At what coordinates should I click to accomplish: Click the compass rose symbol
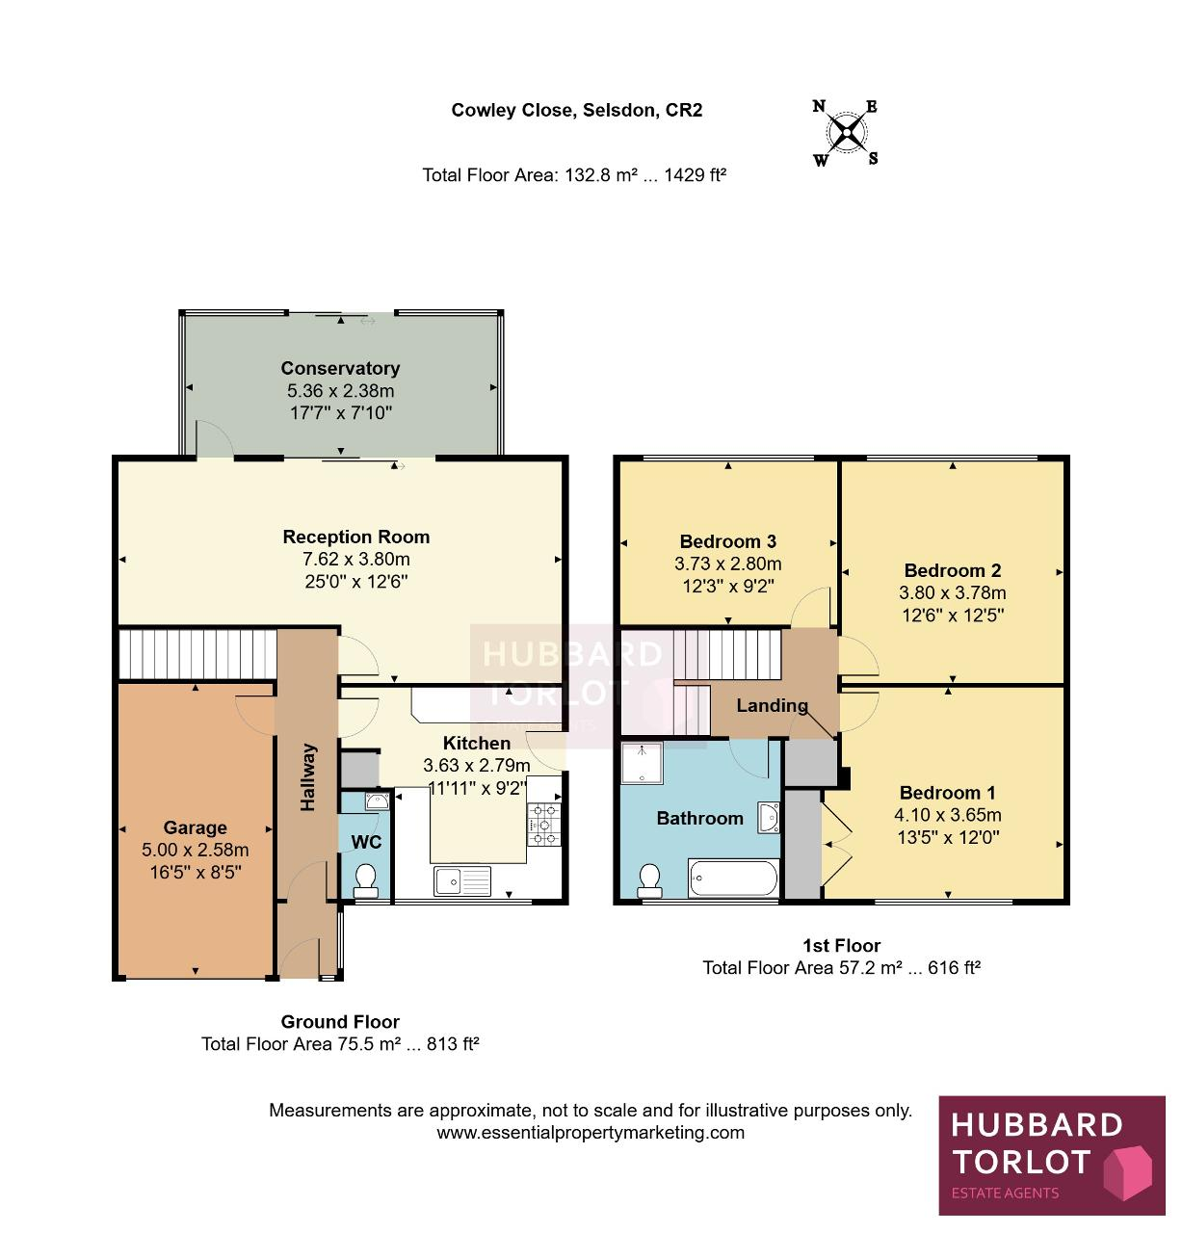846,133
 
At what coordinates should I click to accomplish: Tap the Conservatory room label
340,368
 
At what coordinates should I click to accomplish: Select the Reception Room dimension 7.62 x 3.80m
356,560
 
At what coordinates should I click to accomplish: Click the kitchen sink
462,880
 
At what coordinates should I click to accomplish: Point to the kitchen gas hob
543,825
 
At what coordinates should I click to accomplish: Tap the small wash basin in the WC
378,800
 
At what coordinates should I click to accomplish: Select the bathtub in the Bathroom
733,879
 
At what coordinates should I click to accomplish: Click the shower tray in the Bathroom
642,763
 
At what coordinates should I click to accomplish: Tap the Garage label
196,827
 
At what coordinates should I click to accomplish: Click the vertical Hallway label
308,777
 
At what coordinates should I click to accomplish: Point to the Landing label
772,705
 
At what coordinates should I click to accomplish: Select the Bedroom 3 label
727,541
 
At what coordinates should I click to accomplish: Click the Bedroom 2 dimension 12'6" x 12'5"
953,616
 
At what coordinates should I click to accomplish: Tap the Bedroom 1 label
948,793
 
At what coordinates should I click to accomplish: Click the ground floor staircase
197,654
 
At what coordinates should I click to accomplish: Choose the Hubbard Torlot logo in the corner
1051,1155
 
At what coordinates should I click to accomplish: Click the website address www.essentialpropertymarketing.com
591,1132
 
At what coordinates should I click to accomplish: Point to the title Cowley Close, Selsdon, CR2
577,110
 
